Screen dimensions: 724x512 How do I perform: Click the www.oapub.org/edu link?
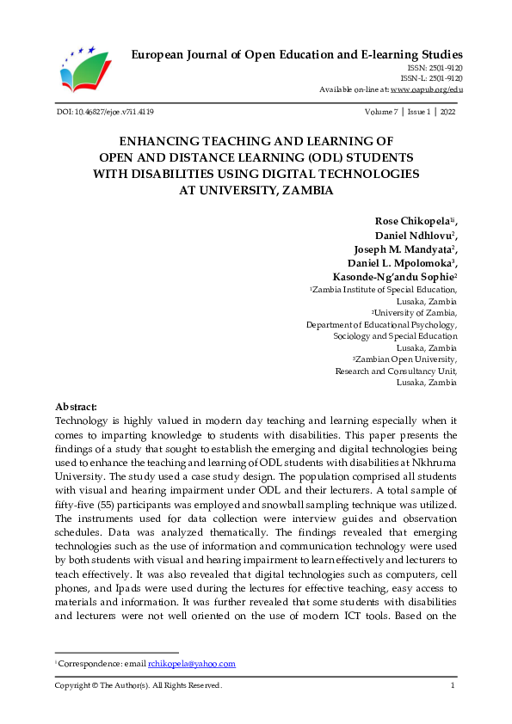point(427,89)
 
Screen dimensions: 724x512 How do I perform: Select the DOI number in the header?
point(104,113)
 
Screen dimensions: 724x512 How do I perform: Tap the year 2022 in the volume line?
point(447,113)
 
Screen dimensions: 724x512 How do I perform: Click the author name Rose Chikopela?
point(412,222)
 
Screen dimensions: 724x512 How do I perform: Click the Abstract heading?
point(76,407)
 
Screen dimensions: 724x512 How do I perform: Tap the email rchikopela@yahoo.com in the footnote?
point(192,664)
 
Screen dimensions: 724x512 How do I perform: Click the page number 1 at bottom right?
point(453,685)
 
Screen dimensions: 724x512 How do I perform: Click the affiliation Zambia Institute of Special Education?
point(386,291)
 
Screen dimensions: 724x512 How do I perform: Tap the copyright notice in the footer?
point(139,685)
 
